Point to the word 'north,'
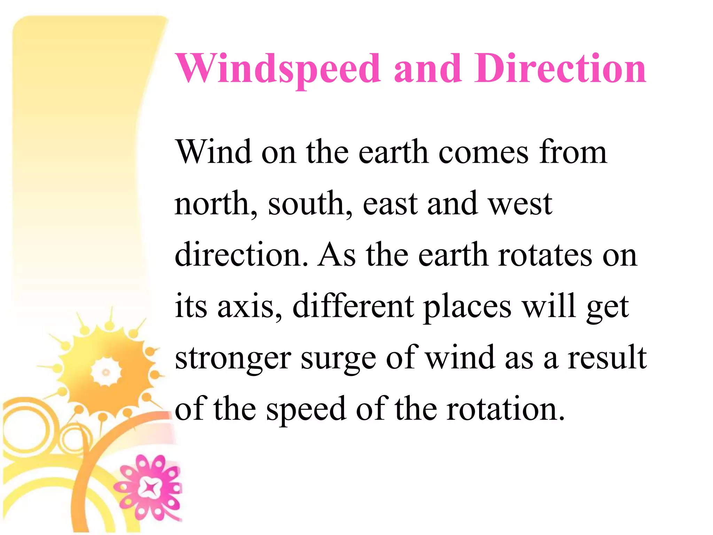pos(216,204)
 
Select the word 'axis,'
pos(250,307)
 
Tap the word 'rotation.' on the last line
pos(506,409)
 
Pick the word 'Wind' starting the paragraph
pos(213,152)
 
